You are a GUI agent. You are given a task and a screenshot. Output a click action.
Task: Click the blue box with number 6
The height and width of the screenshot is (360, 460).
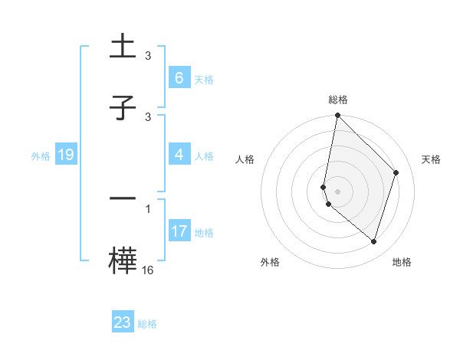[x=179, y=78]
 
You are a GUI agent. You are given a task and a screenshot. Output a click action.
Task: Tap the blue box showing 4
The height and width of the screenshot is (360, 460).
[x=179, y=155]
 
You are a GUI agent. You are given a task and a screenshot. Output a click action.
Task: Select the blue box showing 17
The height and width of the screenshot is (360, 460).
[x=179, y=231]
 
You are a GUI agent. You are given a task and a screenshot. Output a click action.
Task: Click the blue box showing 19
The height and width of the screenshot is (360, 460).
[x=65, y=155]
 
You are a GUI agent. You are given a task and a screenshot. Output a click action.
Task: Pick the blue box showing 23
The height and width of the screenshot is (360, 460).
[x=123, y=322]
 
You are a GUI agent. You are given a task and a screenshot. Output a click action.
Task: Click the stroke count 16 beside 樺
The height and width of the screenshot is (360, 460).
[x=148, y=270]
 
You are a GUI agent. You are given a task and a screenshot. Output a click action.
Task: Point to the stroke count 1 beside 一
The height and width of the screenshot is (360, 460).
[x=148, y=208]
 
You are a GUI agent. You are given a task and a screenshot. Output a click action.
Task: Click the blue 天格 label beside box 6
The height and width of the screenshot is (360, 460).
[x=204, y=79]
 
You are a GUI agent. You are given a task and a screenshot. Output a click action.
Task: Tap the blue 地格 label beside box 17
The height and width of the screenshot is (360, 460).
[x=204, y=232]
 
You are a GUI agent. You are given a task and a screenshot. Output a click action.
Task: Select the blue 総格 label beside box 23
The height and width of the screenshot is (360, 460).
[x=147, y=323]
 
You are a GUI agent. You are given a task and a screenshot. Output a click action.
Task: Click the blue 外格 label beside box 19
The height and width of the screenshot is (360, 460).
[x=41, y=156]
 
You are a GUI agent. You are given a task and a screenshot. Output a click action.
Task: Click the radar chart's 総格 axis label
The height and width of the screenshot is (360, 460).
[x=338, y=100]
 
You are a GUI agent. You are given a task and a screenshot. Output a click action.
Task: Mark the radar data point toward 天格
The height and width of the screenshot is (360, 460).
[x=396, y=172]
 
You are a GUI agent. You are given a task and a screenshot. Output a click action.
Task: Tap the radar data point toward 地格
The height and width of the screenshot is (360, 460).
[x=374, y=241]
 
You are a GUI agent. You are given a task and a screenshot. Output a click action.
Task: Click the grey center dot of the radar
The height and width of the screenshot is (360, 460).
[x=338, y=191]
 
